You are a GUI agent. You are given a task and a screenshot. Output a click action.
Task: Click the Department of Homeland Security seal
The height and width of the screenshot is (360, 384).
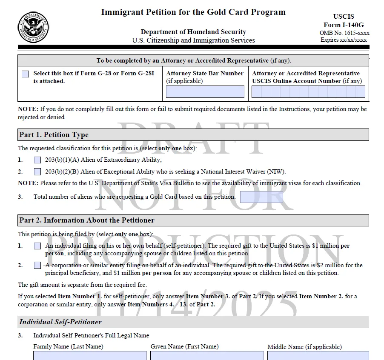(33, 27)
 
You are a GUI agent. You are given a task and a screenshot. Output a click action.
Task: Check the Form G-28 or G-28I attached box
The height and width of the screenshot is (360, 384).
(26, 74)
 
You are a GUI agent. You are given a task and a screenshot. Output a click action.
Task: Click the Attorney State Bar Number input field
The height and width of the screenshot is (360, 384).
(205, 91)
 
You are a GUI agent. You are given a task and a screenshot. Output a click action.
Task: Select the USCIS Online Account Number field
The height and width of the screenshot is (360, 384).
(308, 91)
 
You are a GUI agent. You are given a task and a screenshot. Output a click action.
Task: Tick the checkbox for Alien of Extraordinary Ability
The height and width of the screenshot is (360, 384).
(37, 160)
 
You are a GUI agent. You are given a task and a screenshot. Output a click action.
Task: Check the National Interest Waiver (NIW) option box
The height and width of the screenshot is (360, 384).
(37, 172)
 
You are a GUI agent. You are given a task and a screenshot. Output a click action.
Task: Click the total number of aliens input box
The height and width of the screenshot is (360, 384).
(261, 197)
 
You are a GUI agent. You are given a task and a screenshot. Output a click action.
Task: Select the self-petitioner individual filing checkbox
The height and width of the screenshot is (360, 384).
(37, 246)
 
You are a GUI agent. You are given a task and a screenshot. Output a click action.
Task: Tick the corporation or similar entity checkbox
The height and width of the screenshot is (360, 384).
(37, 266)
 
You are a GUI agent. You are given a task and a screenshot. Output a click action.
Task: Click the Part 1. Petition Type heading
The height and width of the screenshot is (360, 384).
(54, 135)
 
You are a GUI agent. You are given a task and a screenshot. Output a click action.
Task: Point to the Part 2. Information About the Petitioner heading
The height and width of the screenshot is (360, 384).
(87, 220)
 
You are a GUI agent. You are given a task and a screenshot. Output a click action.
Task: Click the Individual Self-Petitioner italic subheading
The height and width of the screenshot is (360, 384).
(60, 322)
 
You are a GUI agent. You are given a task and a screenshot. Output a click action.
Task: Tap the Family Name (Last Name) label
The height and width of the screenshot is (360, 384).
(68, 347)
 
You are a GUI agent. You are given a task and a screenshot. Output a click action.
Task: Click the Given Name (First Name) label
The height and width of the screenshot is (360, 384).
(184, 346)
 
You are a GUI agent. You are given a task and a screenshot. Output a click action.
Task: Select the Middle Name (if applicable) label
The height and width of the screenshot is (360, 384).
(304, 347)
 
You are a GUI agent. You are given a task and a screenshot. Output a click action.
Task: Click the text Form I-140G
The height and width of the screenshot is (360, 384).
(344, 25)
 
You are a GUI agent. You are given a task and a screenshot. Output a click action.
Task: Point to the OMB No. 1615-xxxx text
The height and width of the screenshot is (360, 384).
(344, 33)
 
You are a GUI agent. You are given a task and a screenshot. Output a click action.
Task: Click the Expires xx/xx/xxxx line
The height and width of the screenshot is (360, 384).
(344, 40)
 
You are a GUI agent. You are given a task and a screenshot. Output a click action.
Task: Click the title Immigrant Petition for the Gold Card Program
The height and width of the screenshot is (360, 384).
(193, 12)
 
